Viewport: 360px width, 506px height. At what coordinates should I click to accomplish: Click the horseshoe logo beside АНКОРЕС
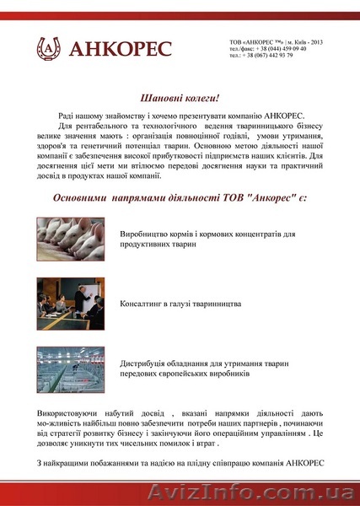pyautogui.click(x=48, y=49)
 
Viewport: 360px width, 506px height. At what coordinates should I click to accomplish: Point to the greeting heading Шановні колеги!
pyautogui.click(x=180, y=98)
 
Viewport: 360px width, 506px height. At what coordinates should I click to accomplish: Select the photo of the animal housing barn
pyautogui.click(x=69, y=368)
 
